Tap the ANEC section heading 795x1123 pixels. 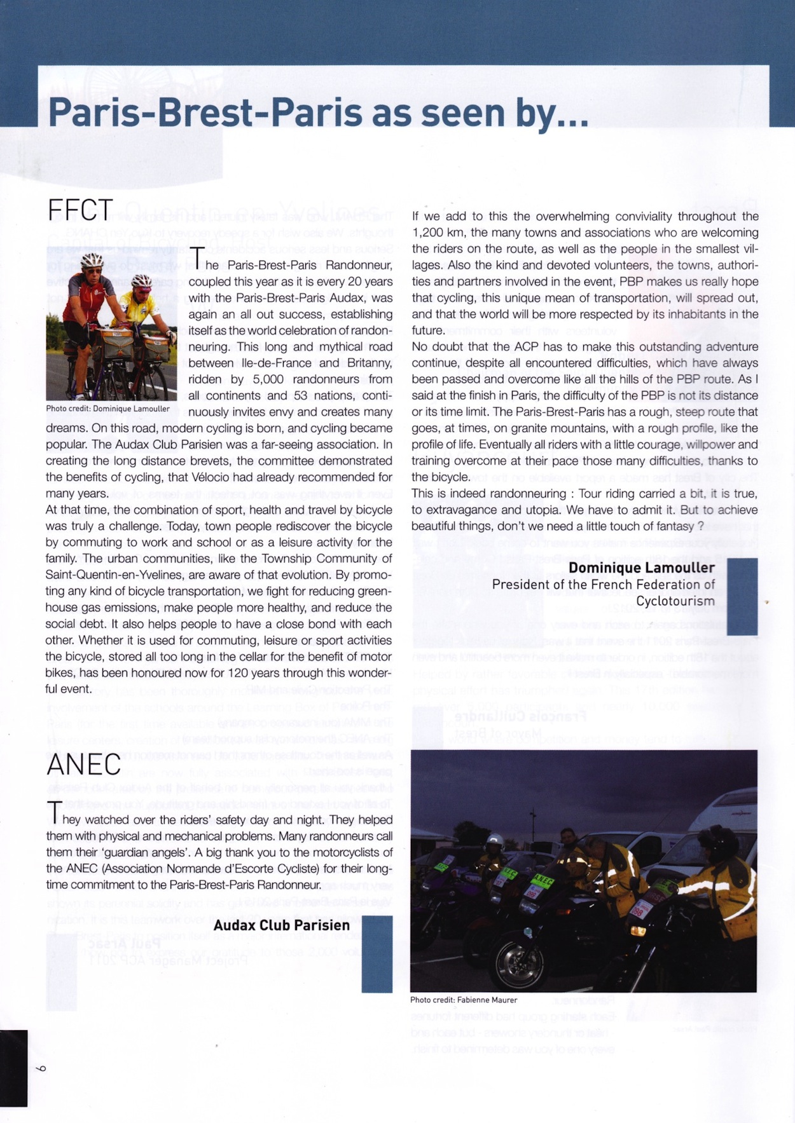point(83,765)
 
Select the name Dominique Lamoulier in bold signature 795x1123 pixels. point(641,568)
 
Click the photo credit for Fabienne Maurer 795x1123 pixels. point(464,1000)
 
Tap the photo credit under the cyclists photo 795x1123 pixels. point(108,409)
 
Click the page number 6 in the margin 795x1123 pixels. point(41,1068)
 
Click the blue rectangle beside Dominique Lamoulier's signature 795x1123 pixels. point(742,596)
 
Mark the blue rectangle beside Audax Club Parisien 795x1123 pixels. point(377,953)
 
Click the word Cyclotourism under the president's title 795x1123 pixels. point(675,601)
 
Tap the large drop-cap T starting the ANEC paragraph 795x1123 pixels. point(55,813)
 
